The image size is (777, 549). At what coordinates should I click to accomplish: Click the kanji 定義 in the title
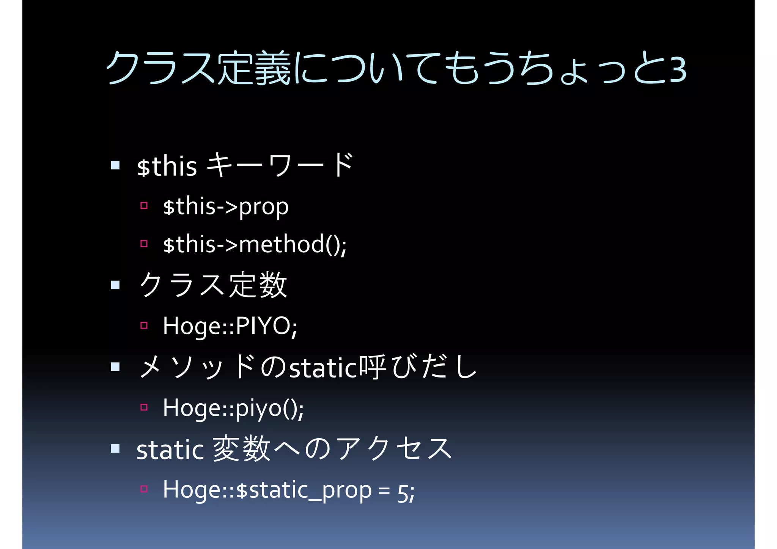pos(253,68)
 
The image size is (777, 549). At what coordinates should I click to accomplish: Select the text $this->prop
pos(226,207)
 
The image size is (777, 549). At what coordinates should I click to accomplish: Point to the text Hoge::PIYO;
pos(230,326)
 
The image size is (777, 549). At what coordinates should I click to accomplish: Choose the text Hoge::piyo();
pos(233,408)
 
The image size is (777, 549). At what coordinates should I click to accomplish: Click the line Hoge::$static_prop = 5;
pos(289,490)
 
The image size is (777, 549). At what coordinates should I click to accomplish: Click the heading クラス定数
pos(213,285)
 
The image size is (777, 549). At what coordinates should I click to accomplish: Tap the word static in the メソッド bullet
pos(323,368)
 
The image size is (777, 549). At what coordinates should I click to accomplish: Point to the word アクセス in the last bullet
pos(394,449)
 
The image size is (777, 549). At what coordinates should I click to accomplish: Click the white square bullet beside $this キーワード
pos(115,165)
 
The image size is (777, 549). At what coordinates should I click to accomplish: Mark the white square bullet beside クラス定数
pos(115,285)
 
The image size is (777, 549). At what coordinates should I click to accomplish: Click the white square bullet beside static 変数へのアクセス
pos(115,449)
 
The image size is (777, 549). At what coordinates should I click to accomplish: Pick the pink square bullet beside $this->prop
pos(144,206)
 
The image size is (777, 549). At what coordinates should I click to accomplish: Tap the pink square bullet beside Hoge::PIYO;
pos(144,325)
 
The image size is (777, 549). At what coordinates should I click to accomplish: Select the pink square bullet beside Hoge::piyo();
pos(144,407)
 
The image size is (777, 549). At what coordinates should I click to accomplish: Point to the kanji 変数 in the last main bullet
pos(242,449)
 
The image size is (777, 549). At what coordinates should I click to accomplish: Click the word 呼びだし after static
pos(417,367)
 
